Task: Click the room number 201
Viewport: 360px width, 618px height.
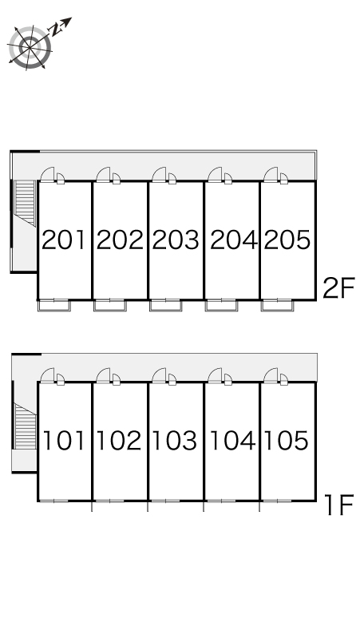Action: [x=63, y=240]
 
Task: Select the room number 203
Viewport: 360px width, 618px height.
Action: [x=176, y=240]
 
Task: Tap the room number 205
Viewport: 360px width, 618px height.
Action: [x=287, y=240]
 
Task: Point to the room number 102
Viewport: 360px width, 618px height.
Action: [x=119, y=440]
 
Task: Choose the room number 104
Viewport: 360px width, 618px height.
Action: [x=232, y=440]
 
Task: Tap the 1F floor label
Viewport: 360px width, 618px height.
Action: [x=339, y=505]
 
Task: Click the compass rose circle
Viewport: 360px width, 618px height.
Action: [x=30, y=48]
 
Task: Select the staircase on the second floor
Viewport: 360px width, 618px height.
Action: [x=25, y=203]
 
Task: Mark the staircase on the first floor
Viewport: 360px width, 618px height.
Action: [x=25, y=426]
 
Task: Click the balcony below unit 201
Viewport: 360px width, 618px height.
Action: [x=54, y=306]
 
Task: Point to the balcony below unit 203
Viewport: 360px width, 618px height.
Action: [x=166, y=306]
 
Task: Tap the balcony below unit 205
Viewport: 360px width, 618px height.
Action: [x=277, y=306]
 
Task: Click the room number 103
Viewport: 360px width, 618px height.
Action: [x=175, y=440]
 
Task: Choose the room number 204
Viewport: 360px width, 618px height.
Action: [x=234, y=240]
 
